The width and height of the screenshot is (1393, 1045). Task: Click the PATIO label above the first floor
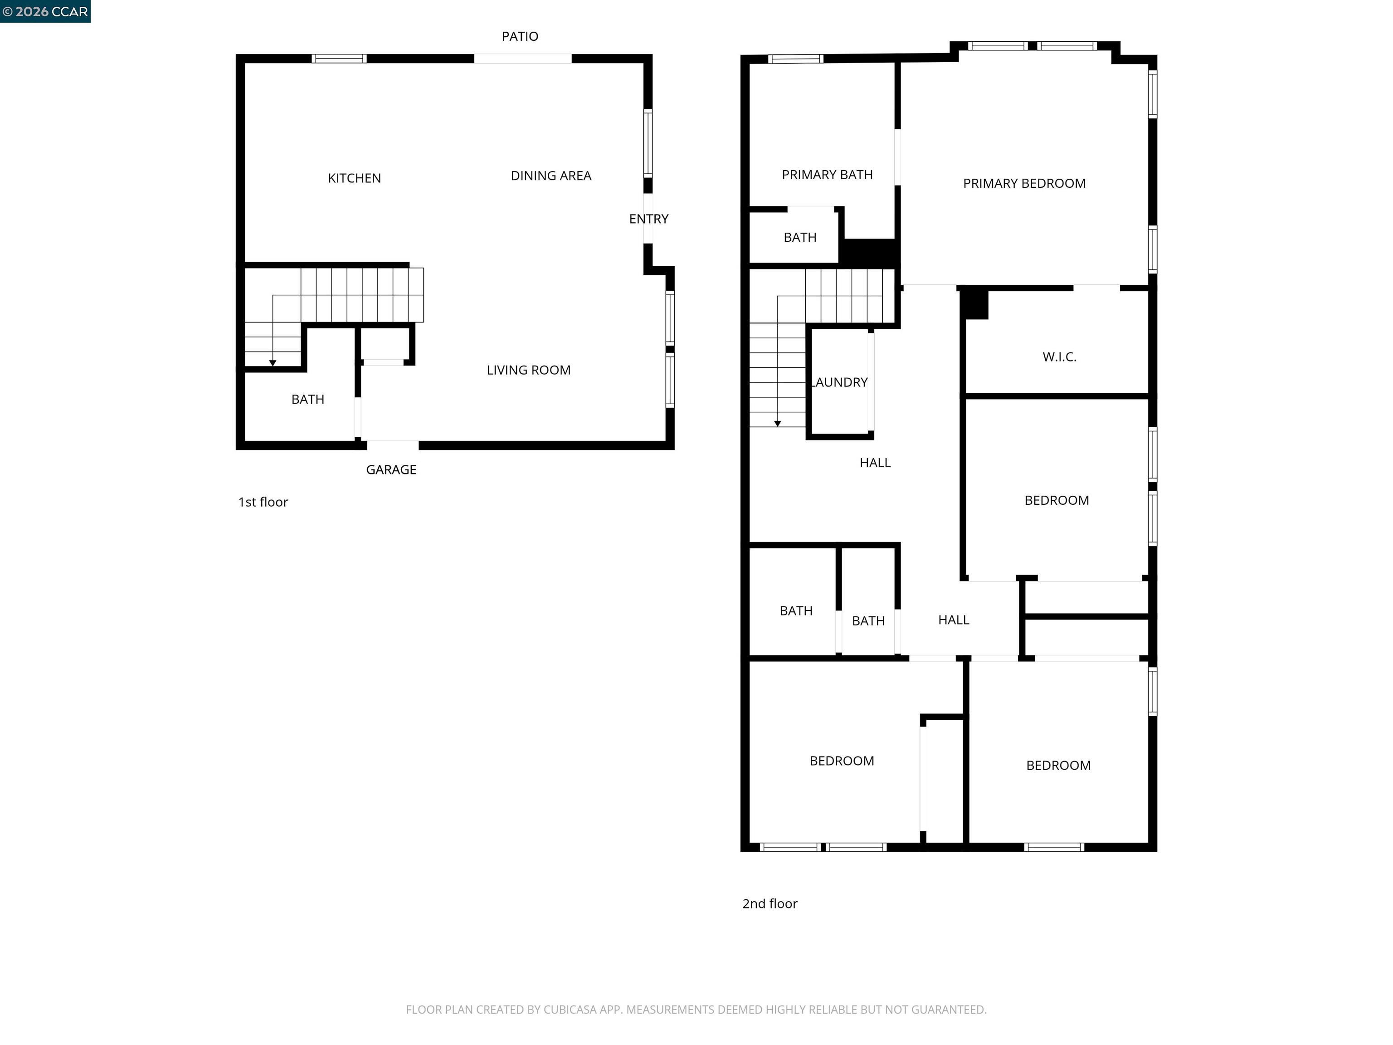[x=520, y=37]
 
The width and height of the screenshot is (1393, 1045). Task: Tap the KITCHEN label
[x=354, y=178]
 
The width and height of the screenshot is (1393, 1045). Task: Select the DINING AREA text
[x=550, y=176]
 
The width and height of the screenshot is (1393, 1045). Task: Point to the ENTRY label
[x=648, y=219]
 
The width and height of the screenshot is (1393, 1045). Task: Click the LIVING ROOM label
[x=528, y=371]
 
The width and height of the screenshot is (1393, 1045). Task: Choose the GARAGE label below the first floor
[x=390, y=470]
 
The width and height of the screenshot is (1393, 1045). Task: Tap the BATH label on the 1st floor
[x=307, y=399]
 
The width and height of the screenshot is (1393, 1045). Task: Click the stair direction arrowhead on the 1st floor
[x=273, y=363]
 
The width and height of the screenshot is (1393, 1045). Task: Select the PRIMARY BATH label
[x=826, y=175]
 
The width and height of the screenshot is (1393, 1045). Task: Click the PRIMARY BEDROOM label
[x=1023, y=183]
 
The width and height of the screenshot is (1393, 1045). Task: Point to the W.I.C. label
[x=1059, y=357]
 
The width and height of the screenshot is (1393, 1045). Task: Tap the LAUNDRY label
[x=841, y=382]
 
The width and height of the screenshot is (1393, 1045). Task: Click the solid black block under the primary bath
[x=869, y=253]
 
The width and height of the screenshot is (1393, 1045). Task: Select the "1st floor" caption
[x=263, y=502]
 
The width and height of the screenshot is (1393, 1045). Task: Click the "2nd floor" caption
[x=769, y=904]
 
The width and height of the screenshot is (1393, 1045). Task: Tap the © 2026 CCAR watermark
[x=45, y=11]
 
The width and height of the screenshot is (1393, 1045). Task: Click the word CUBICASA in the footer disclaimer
[x=569, y=1010]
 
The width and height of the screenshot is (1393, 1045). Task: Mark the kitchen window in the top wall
[x=339, y=59]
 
